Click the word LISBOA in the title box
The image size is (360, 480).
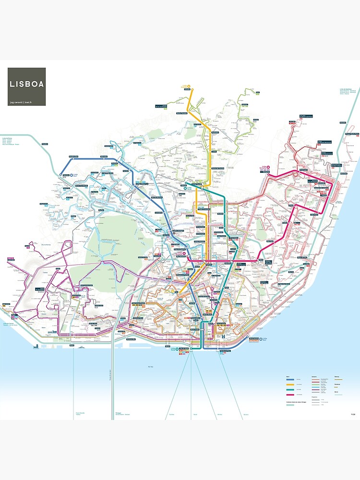click(x=27, y=84)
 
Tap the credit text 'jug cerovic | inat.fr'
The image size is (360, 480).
click(x=24, y=102)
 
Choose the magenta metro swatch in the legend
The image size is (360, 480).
click(x=290, y=395)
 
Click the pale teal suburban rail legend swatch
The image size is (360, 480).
click(x=290, y=405)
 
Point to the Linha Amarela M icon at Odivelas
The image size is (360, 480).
click(x=189, y=87)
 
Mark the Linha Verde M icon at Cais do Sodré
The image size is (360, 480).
click(x=177, y=349)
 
